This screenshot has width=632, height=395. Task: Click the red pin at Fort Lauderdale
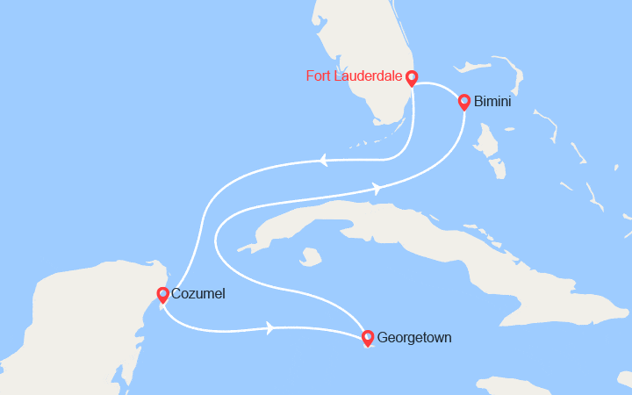click(411, 78)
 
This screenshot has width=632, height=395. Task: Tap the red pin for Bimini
click(464, 102)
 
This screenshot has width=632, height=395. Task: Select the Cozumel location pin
click(162, 295)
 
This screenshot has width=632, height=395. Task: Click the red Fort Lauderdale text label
click(353, 75)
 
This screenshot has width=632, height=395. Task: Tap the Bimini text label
click(492, 102)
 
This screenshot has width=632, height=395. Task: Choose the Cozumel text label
click(199, 294)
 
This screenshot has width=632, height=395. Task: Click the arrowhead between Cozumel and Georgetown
click(269, 328)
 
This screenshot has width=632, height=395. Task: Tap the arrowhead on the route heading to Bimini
click(377, 188)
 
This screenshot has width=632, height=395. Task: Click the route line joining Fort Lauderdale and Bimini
click(439, 85)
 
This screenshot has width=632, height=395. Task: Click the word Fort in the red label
click(319, 75)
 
